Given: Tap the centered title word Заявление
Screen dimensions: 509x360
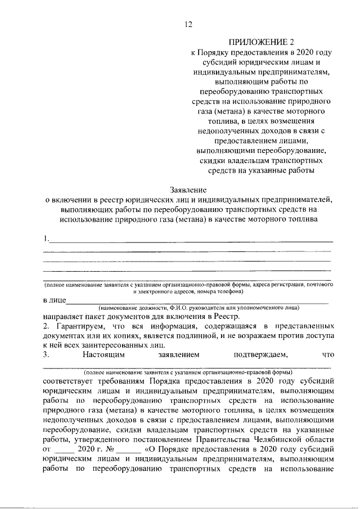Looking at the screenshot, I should (x=188, y=190).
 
